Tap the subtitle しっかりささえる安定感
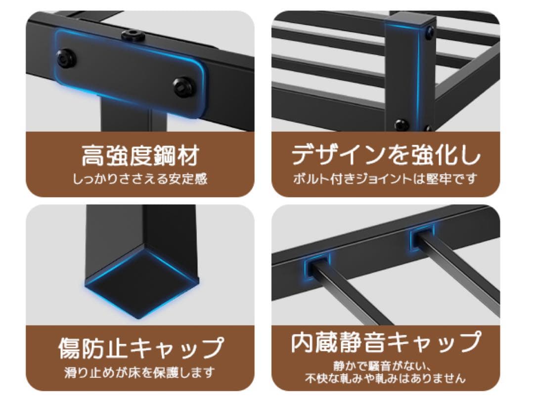tap(140, 179)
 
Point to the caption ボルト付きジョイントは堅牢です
tap(385, 178)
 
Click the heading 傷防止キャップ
tap(140, 348)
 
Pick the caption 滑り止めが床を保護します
tap(140, 371)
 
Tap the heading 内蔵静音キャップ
tap(385, 342)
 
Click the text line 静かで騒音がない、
tap(385, 366)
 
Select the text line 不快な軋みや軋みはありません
tap(385, 379)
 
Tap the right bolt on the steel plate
tap(184, 87)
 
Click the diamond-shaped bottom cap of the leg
tap(142, 282)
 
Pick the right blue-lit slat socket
tap(422, 236)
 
